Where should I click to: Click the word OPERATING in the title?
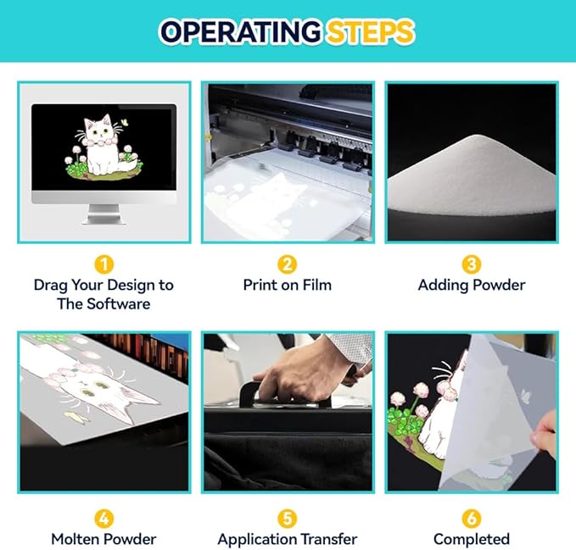pyautogui.click(x=241, y=31)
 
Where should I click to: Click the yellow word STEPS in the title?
pyautogui.click(x=370, y=31)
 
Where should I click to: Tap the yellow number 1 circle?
pyautogui.click(x=104, y=264)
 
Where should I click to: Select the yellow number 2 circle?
pyautogui.click(x=288, y=264)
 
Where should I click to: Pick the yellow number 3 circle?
pyautogui.click(x=472, y=264)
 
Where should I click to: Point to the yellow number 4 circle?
pyautogui.click(x=104, y=519)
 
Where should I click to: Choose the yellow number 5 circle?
pyautogui.click(x=288, y=519)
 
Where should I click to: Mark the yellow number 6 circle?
pyautogui.click(x=472, y=519)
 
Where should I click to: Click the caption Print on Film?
pyautogui.click(x=288, y=285)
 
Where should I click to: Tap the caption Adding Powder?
pyautogui.click(x=472, y=286)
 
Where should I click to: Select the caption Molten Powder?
pyautogui.click(x=103, y=539)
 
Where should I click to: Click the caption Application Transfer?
pyautogui.click(x=288, y=540)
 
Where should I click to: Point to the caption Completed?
pyautogui.click(x=472, y=540)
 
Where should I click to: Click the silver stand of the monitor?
pyautogui.click(x=104, y=214)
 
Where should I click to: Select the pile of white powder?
pyautogui.click(x=472, y=177)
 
